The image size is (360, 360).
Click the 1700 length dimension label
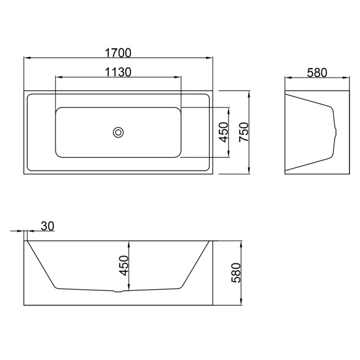click(x=118, y=53)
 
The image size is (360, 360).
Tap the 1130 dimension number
click(x=118, y=72)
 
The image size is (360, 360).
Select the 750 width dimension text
click(x=244, y=132)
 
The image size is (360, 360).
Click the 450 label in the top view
click(x=224, y=132)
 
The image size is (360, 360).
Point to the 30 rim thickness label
click(x=48, y=226)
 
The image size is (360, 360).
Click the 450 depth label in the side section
click(x=123, y=266)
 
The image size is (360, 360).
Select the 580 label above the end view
click(x=317, y=73)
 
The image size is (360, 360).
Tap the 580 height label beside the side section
click(x=236, y=273)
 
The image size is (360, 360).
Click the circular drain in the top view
click(x=118, y=133)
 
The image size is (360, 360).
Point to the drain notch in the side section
click(x=118, y=292)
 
